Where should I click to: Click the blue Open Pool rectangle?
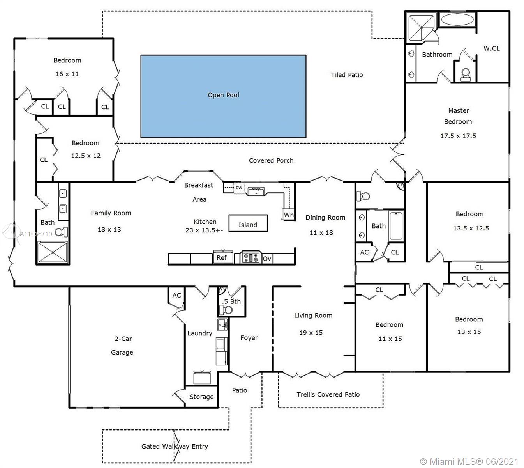(223, 96)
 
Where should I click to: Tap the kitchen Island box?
(248, 223)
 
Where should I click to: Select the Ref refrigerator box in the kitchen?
(223, 257)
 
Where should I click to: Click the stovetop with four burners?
(251, 257)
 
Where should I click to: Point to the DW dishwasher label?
(239, 188)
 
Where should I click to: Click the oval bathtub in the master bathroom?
(457, 19)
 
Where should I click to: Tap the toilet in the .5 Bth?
(226, 310)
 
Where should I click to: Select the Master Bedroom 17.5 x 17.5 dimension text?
(458, 136)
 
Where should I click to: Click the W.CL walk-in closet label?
(491, 48)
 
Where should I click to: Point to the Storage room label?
(201, 397)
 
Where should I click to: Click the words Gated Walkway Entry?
(175, 446)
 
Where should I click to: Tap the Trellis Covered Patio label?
(328, 394)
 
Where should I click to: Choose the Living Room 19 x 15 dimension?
(311, 333)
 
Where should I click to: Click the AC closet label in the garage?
(176, 295)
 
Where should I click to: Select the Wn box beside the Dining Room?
(288, 214)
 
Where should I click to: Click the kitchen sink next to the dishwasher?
(256, 191)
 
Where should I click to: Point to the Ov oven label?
(267, 259)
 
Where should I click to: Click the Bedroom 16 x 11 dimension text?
(67, 74)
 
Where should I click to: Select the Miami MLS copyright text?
(469, 461)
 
